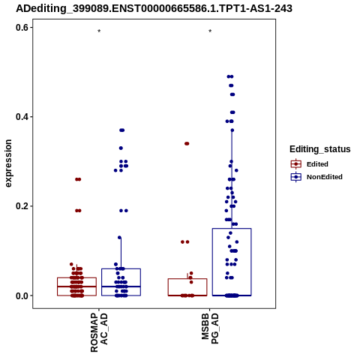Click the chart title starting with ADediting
pyautogui.click(x=154, y=8)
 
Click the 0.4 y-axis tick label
pyautogui.click(x=22, y=117)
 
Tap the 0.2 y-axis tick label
pyautogui.click(x=22, y=206)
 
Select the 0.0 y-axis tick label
pyautogui.click(x=22, y=295)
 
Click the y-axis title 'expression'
pyautogui.click(x=8, y=163)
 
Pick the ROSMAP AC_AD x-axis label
pyautogui.click(x=99, y=333)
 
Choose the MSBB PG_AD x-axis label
pyautogui.click(x=210, y=328)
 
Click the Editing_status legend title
pyautogui.click(x=320, y=149)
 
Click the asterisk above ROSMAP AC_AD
pyautogui.click(x=99, y=31)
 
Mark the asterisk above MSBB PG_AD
pyautogui.click(x=210, y=31)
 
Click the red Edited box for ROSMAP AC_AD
pyautogui.click(x=76, y=286)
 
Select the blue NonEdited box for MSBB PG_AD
pyautogui.click(x=232, y=262)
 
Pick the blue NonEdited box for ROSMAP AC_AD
pyautogui.click(x=121, y=282)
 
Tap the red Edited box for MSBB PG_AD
pyautogui.click(x=187, y=287)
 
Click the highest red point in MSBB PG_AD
pyautogui.click(x=187, y=143)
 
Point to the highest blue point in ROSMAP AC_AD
pyautogui.click(x=122, y=130)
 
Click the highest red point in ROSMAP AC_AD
pyautogui.click(x=78, y=179)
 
